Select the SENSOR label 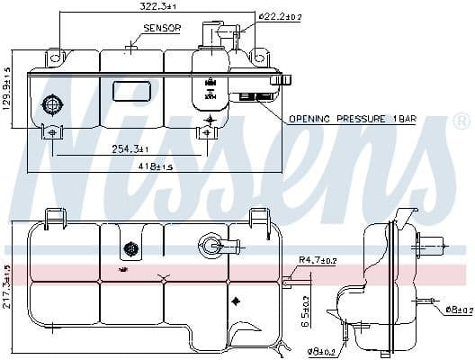pos(162,29)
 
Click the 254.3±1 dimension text pos(132,148)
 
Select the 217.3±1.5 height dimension pos(6,285)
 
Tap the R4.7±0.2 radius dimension pos(316,261)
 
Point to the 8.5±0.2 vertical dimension pos(306,310)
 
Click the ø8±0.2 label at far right pos(458,310)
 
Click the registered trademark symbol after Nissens pos(460,121)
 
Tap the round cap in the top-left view pos(52,105)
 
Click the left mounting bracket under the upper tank pos(52,133)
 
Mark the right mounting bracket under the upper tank pos(208,133)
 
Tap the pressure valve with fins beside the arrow pos(255,97)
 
